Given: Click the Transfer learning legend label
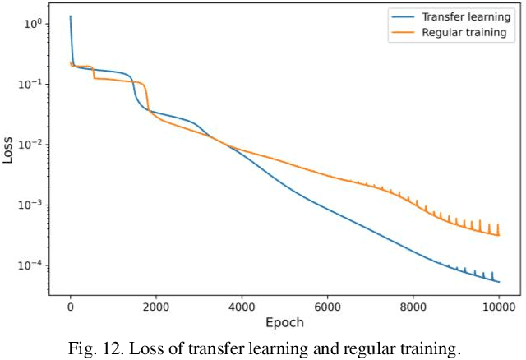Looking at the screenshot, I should click(465, 17).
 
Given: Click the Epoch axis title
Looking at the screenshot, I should click(284, 321).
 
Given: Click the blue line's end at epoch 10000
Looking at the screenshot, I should click(499, 282).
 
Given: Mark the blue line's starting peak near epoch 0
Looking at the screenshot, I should click(71, 16).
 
